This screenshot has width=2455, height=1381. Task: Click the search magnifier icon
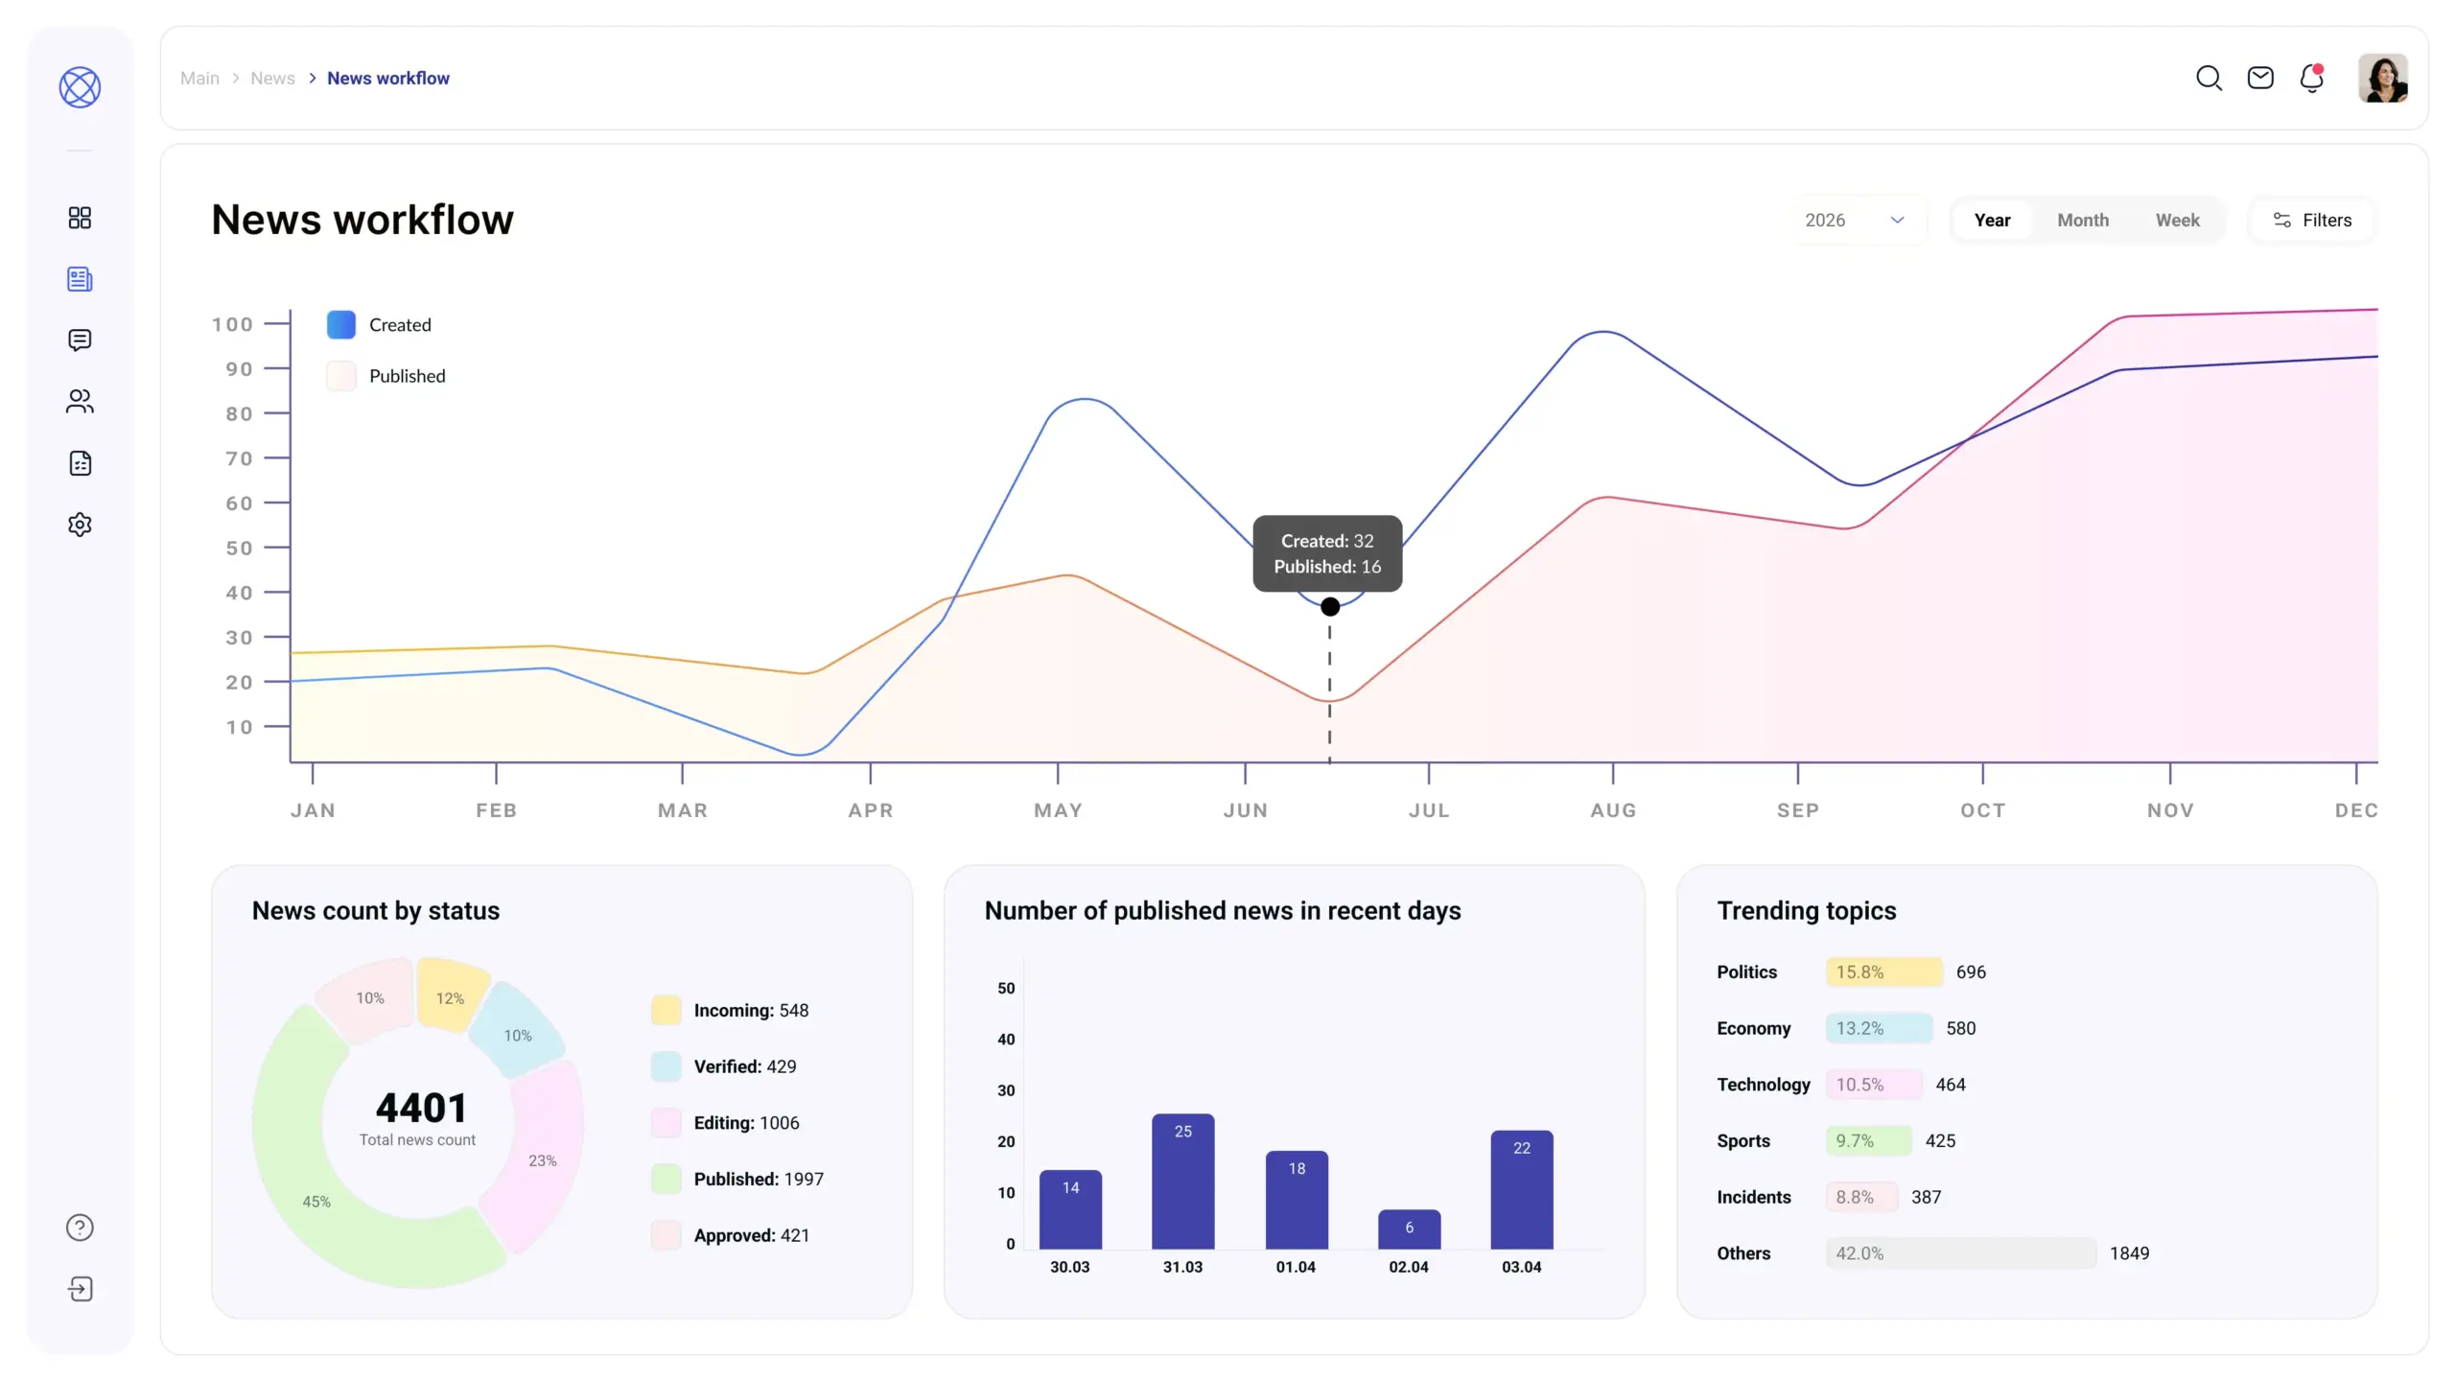(x=2209, y=78)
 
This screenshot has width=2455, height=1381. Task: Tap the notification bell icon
(x=2311, y=78)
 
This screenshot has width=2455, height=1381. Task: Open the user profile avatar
(x=2382, y=78)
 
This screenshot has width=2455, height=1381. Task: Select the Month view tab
(x=2082, y=220)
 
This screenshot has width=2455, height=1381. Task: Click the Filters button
(x=2312, y=220)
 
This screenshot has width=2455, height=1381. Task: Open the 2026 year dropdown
(x=1855, y=220)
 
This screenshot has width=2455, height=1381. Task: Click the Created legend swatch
(x=340, y=324)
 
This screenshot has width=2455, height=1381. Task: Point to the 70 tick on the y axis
(x=239, y=458)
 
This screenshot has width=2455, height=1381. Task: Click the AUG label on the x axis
(x=1613, y=810)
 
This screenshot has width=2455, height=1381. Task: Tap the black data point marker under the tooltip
(x=1329, y=606)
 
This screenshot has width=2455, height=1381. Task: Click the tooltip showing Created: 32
(x=1327, y=553)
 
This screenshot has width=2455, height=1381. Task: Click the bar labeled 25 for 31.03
(x=1182, y=1182)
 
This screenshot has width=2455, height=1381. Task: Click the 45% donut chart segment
(x=316, y=1201)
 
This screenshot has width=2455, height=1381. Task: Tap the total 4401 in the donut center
(x=420, y=1108)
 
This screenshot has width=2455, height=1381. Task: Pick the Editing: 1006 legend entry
(x=745, y=1122)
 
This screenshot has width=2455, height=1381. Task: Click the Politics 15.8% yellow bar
(x=1883, y=971)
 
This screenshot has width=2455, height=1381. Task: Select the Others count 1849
(x=2129, y=1252)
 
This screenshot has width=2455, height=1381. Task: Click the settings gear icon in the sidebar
(x=80, y=525)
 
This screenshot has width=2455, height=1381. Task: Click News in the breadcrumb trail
(x=272, y=78)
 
